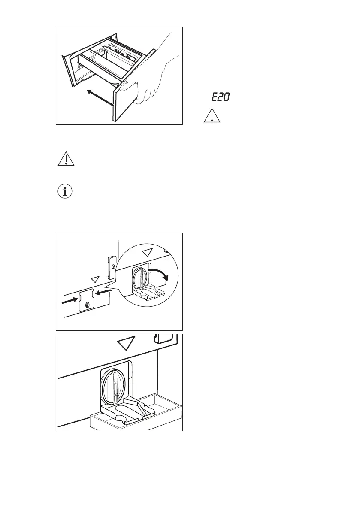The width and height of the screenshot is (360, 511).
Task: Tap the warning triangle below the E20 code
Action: pos(211,116)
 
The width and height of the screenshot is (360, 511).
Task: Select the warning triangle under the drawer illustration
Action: pos(65,159)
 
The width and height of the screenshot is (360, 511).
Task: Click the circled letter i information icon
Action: pos(65,192)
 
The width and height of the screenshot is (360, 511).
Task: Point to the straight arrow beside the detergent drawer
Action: pos(99,97)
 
